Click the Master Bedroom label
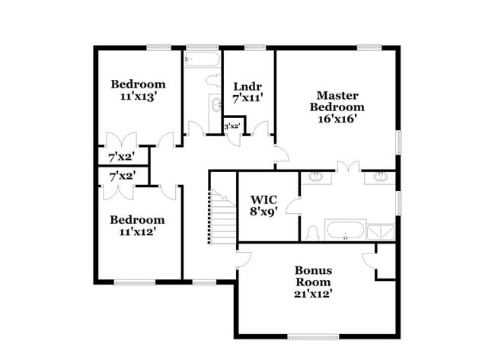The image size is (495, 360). coord(336,107)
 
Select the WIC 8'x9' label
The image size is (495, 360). coord(263,205)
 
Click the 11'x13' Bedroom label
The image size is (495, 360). coord(138,90)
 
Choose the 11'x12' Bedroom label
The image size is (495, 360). coord(137,226)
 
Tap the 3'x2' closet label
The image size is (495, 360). coord(232,126)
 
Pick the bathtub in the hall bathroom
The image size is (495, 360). coord(202,59)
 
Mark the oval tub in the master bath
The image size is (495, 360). coord(345,231)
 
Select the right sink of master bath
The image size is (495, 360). coord(379,178)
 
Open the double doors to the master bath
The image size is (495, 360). coord(348,166)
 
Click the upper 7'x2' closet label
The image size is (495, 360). coord(122,157)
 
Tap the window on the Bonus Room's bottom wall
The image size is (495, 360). coord(313,336)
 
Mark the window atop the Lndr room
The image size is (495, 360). coord(255,48)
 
